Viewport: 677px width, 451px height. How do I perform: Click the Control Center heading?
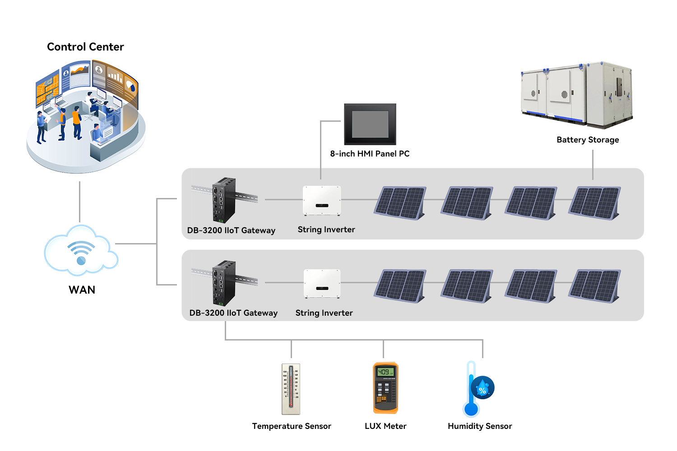click(x=85, y=47)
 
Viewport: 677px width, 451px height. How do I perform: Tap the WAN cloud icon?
click(x=81, y=251)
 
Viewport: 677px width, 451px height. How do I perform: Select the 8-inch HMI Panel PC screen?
click(x=370, y=124)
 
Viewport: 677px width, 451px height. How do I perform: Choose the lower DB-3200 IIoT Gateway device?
click(x=224, y=283)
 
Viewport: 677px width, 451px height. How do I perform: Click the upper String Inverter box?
click(x=322, y=200)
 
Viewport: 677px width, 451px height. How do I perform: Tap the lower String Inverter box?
click(x=322, y=283)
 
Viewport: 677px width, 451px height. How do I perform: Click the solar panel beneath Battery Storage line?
click(x=595, y=203)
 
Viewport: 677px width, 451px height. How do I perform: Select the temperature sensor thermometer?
click(x=291, y=389)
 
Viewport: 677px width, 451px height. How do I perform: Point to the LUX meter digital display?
click(x=385, y=372)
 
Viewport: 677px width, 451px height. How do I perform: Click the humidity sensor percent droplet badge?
click(x=482, y=388)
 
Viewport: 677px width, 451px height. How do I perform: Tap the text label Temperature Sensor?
click(x=292, y=426)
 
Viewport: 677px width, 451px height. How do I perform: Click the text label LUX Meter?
click(x=385, y=426)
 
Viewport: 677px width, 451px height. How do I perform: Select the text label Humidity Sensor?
click(x=480, y=426)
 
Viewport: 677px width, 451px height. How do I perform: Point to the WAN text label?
click(x=82, y=290)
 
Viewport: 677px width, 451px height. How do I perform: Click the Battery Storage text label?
click(x=588, y=140)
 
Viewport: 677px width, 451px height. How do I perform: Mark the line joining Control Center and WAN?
click(x=80, y=202)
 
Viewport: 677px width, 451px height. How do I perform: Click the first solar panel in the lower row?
click(x=400, y=286)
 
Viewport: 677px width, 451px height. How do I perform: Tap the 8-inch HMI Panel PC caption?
click(x=370, y=154)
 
